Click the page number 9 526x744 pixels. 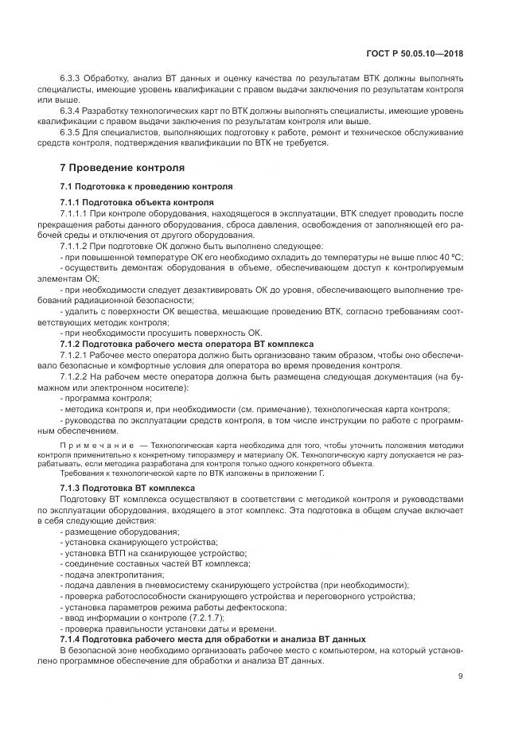pyautogui.click(x=461, y=677)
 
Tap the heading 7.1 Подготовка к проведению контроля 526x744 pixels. pyautogui.click(x=146, y=186)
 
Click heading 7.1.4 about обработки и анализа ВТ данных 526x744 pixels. pyautogui.click(x=212, y=639)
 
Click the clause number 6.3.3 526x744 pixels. pyautogui.click(x=73, y=80)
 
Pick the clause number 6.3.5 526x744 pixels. pyautogui.click(x=73, y=131)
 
